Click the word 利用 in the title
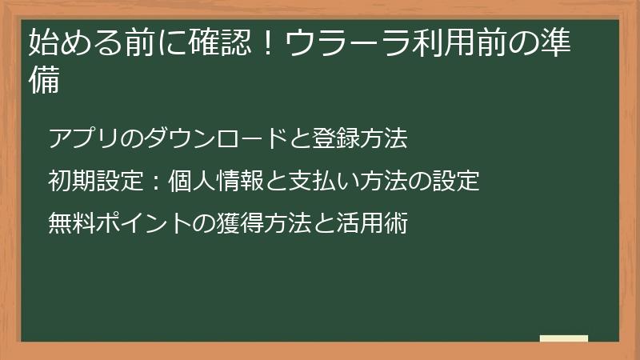(x=431, y=42)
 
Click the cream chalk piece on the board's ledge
(x=564, y=338)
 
